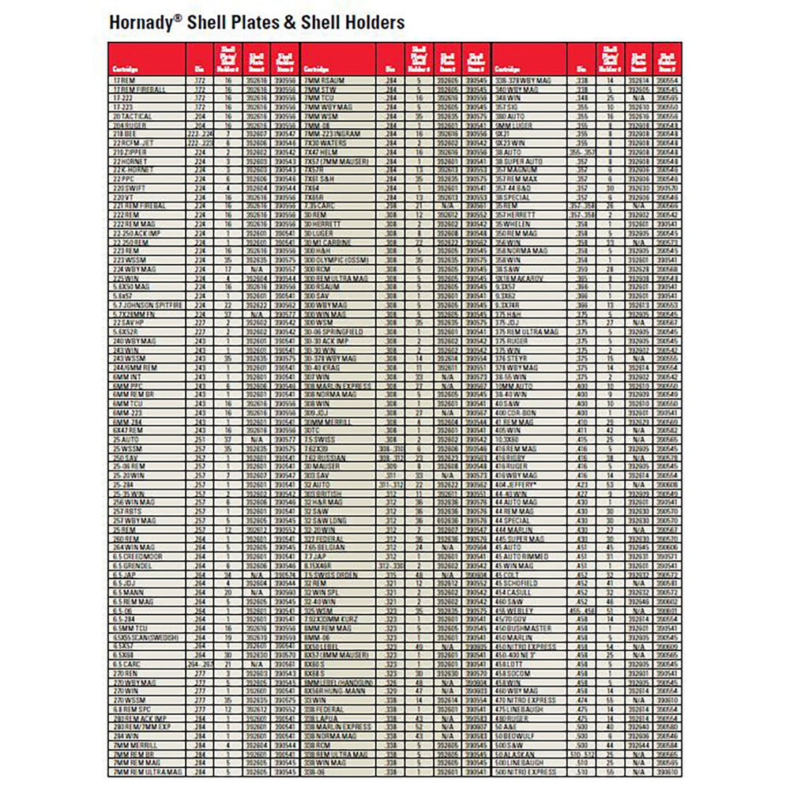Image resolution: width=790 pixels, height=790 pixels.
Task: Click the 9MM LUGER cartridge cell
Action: coord(513,125)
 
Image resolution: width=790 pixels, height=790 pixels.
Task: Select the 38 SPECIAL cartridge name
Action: coord(514,197)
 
